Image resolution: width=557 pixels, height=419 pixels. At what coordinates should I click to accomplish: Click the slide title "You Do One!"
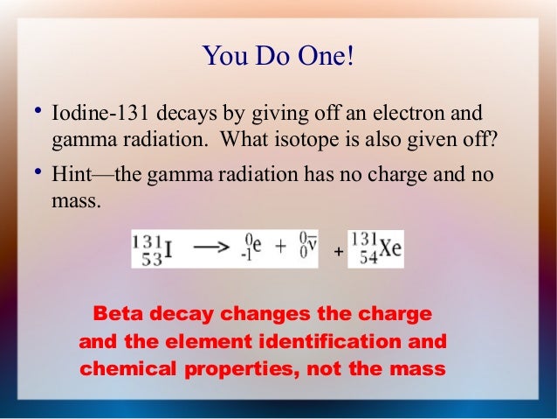pos(278,57)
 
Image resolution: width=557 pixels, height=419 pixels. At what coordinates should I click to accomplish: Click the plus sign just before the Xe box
pos(338,253)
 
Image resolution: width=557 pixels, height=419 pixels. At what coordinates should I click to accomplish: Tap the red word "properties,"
pos(236,367)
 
